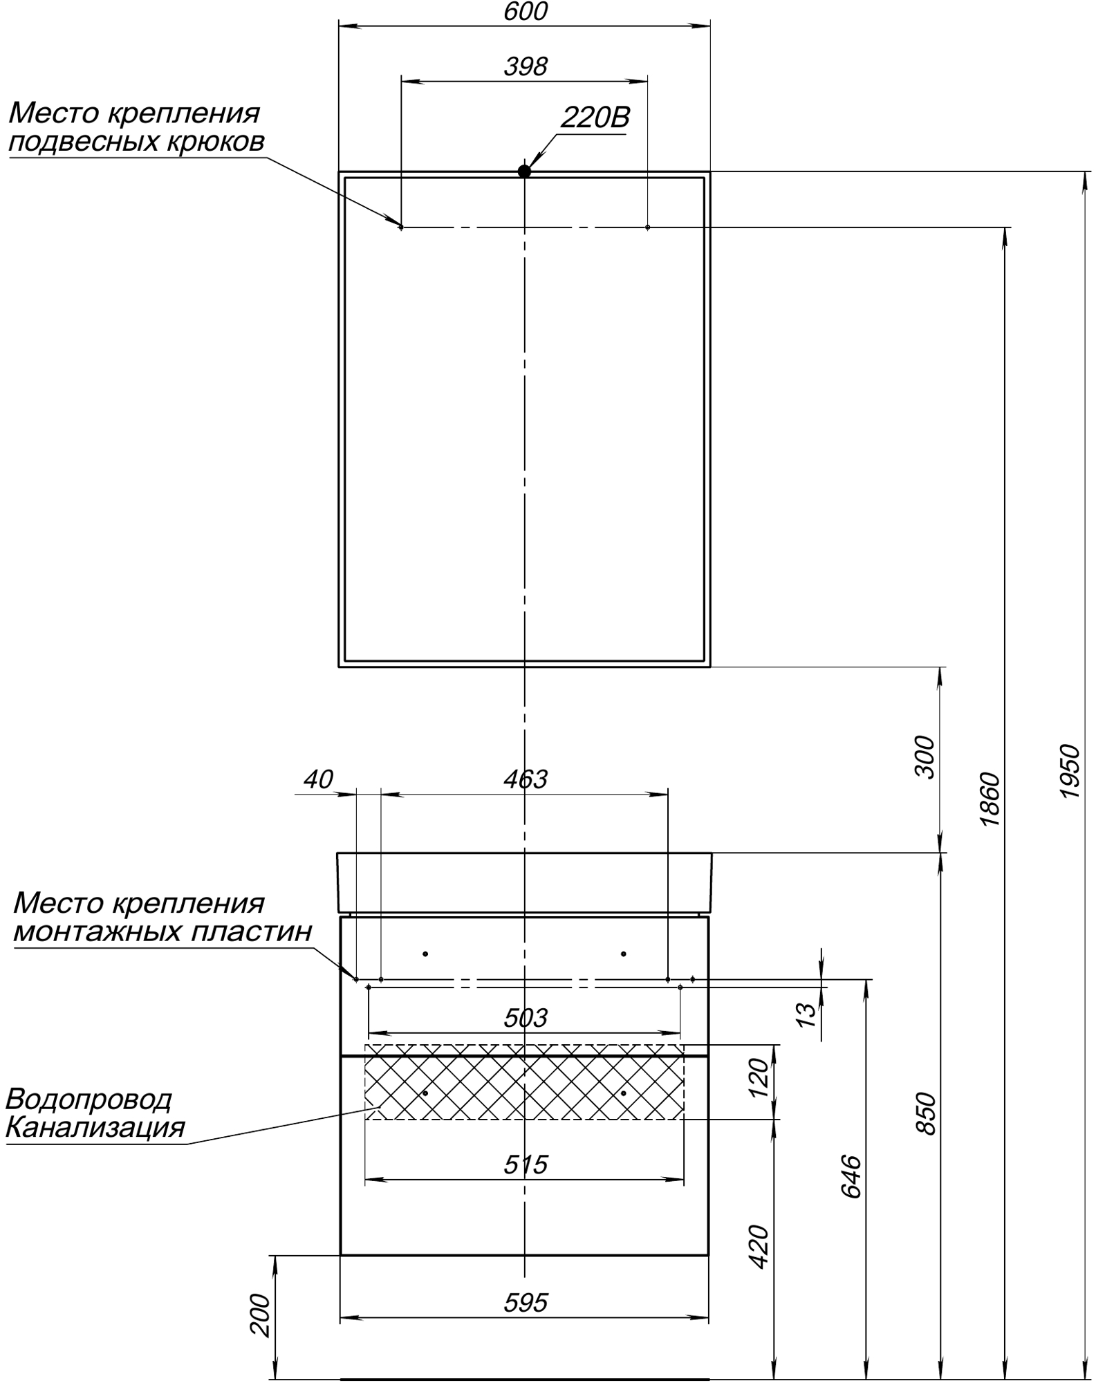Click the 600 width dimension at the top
pos(526,12)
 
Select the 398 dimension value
pos(526,67)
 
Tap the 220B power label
pos(595,118)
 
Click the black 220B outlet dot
pos(524,171)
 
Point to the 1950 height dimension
pos(1070,771)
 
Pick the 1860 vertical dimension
pos(990,799)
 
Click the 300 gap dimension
pos(925,757)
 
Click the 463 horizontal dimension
pos(526,779)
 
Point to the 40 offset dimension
pos(318,779)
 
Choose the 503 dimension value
pos(526,1017)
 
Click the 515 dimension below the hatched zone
pos(526,1164)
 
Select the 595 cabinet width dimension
pos(526,1302)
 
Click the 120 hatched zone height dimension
pos(759,1077)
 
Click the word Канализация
pos(95,1127)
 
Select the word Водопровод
pos(89,1099)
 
